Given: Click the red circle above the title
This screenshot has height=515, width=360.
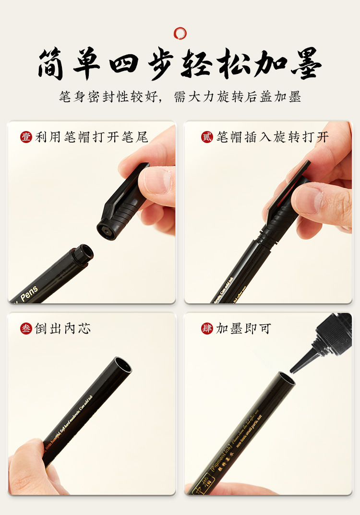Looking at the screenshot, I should [x=180, y=33].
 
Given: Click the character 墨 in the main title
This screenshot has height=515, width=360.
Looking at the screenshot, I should [x=304, y=63].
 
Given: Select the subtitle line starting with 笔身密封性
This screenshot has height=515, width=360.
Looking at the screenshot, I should [x=180, y=96].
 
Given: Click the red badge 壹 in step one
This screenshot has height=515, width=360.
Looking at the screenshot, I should [x=26, y=137].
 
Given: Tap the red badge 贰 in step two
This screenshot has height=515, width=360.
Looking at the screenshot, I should [x=207, y=137].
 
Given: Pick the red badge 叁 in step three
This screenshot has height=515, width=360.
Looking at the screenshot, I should [x=26, y=329].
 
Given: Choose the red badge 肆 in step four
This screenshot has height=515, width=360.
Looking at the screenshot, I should [x=207, y=329].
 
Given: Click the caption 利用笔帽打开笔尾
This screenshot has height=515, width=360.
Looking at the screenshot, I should [x=92, y=137].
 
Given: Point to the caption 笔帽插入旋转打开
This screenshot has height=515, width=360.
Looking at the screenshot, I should [x=273, y=137].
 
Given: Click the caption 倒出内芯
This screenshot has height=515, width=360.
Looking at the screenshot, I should [x=62, y=329].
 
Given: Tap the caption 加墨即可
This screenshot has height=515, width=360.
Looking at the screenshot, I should [x=243, y=329].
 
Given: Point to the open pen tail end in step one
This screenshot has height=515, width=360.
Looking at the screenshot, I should [x=85, y=253].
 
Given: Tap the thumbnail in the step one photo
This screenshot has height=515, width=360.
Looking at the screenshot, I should [x=156, y=180].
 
